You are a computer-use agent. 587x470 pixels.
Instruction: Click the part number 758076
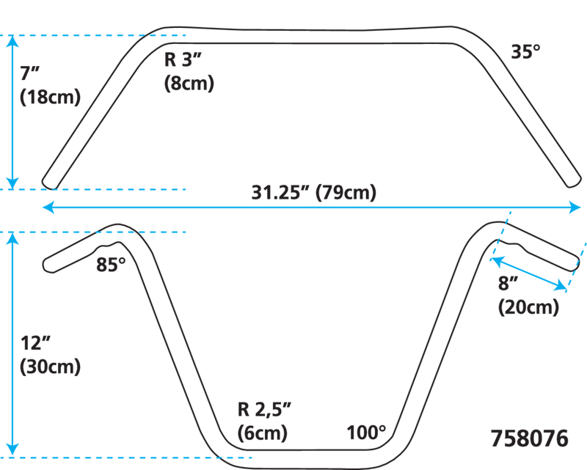pyautogui.click(x=529, y=438)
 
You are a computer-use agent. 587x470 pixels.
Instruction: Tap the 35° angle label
pyautogui.click(x=525, y=51)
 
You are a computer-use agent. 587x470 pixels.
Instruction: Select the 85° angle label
pyautogui.click(x=111, y=265)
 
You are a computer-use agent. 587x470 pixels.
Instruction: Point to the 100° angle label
pyautogui.click(x=366, y=433)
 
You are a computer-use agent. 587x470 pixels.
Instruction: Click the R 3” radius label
pyautogui.click(x=183, y=59)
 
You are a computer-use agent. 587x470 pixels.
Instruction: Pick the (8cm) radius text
pyautogui.click(x=189, y=83)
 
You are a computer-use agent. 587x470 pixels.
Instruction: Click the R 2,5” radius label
pyautogui.click(x=264, y=410)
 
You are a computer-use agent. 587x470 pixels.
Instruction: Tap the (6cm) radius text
pyautogui.click(x=263, y=433)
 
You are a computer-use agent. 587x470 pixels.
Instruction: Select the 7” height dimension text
pyautogui.click(x=29, y=73)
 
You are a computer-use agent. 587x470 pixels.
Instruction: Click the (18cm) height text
pyautogui.click(x=50, y=97)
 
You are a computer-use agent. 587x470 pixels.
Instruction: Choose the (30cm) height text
pyautogui.click(x=50, y=367)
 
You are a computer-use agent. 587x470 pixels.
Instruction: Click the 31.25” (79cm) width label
pyautogui.click(x=314, y=193)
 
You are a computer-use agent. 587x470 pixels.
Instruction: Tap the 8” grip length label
pyautogui.click(x=508, y=283)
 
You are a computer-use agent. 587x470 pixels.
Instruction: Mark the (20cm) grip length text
pyautogui.click(x=528, y=307)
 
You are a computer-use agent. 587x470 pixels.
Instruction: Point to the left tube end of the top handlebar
pyautogui.click(x=48, y=183)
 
